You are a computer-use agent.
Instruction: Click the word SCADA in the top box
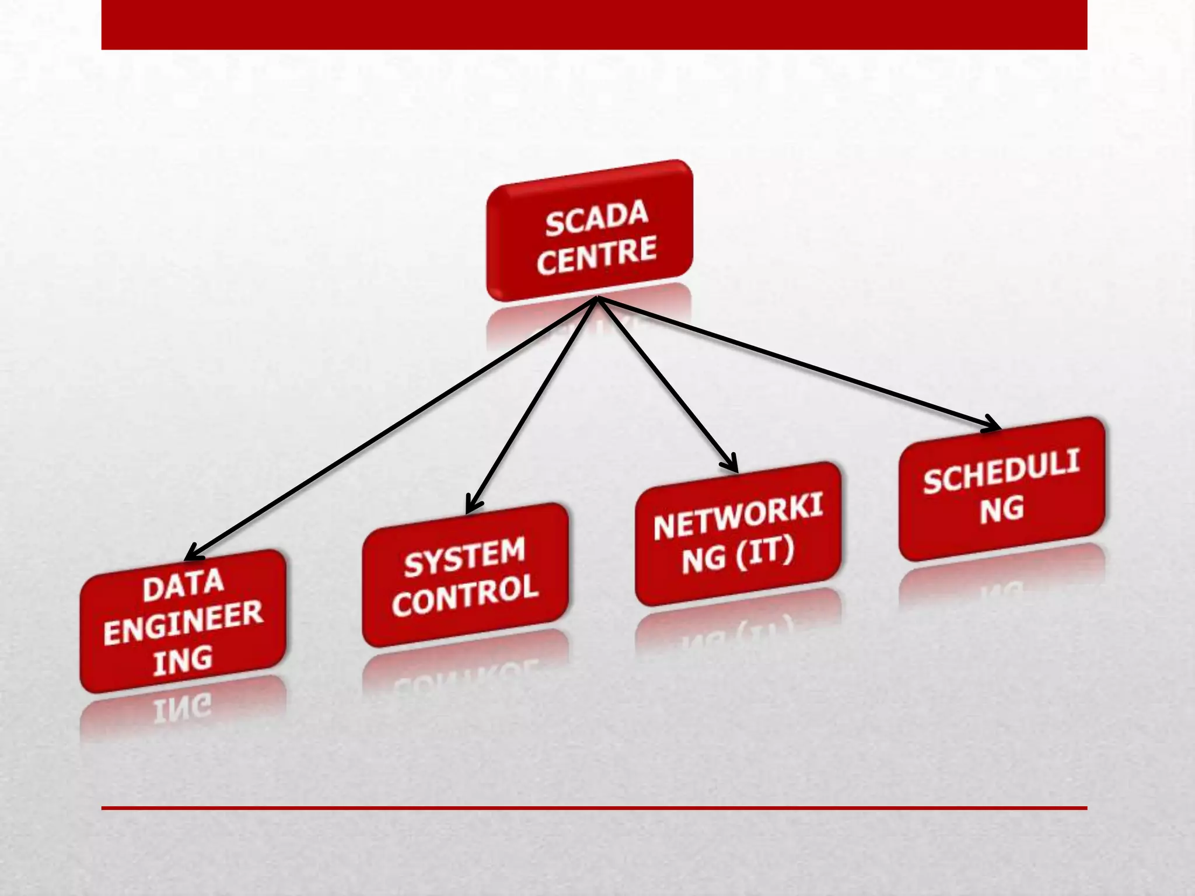point(596,218)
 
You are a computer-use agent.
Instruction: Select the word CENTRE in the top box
point(596,256)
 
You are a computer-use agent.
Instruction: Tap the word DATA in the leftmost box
point(183,586)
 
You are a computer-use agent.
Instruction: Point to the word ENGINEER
point(183,623)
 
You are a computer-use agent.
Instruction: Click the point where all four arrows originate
point(597,299)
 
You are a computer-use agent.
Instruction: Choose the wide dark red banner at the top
point(594,24)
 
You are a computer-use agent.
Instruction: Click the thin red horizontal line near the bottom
point(594,808)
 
